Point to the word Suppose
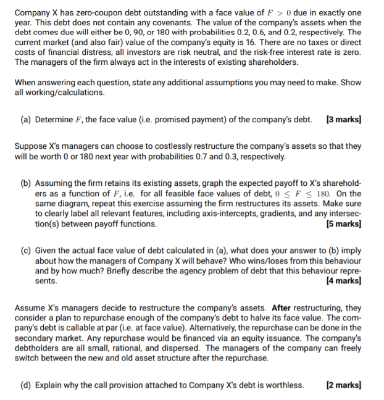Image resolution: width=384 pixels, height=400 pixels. click(x=31, y=147)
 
